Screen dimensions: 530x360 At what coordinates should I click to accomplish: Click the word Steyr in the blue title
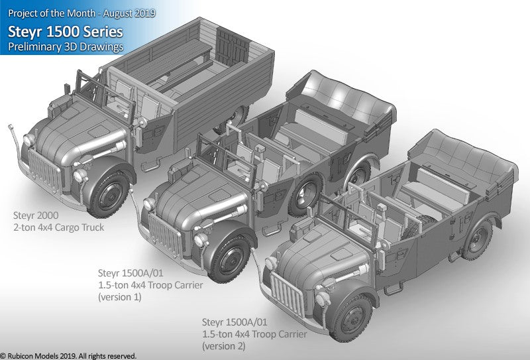(x=25, y=32)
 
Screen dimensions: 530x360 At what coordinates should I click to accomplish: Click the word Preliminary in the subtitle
(x=34, y=46)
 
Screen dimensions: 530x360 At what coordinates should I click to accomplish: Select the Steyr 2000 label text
(x=36, y=215)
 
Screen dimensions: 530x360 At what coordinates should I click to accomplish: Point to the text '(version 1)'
(x=119, y=297)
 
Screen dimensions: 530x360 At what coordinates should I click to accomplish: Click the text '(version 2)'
(x=223, y=346)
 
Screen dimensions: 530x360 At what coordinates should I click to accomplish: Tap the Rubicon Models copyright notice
(x=68, y=356)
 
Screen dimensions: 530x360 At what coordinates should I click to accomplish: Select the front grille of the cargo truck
(x=44, y=171)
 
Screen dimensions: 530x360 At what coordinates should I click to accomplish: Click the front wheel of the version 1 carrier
(x=230, y=258)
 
